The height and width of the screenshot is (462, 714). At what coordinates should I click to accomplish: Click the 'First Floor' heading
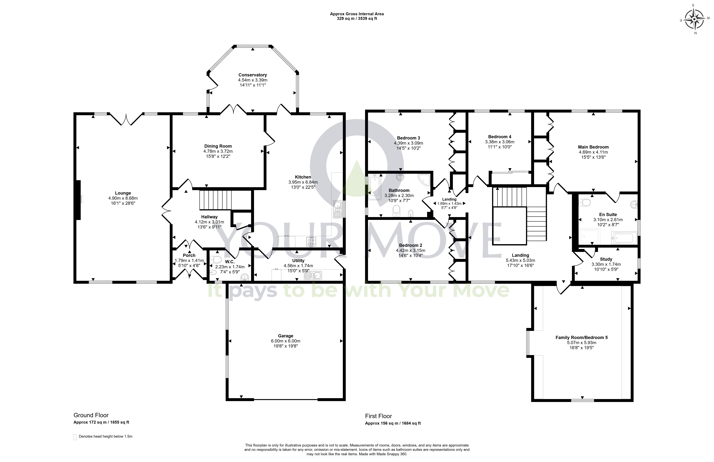378,416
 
